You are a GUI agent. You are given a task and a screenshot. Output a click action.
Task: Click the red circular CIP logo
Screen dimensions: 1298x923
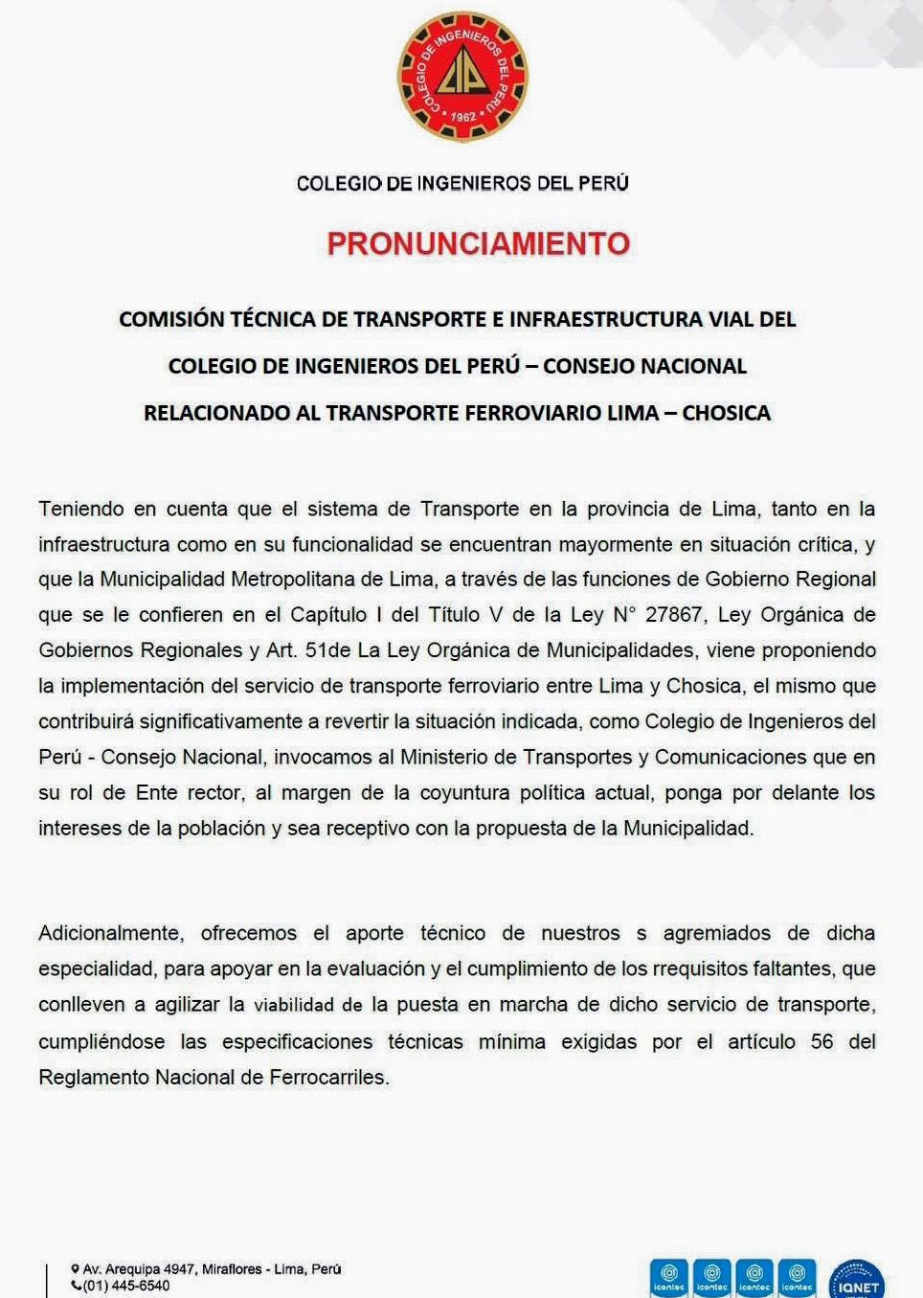462,77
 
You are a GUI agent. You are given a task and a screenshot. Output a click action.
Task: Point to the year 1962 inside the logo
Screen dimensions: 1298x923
463,116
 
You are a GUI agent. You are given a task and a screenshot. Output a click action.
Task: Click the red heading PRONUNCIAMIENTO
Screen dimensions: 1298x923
478,244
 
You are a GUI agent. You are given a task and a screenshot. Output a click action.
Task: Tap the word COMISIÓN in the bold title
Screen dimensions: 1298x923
171,320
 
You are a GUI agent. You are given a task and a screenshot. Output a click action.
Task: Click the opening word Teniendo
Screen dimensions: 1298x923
81,509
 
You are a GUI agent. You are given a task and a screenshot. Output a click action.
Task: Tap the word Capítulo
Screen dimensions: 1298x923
328,615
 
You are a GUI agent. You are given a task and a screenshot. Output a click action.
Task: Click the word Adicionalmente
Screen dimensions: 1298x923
110,933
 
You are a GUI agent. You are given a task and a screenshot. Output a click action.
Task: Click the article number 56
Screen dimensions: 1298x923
822,1041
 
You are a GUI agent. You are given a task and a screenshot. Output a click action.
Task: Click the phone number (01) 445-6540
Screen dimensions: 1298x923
125,1286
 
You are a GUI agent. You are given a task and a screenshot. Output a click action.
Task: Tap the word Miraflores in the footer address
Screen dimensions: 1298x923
231,1269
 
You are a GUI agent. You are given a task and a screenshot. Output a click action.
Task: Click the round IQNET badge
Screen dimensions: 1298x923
857,1282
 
